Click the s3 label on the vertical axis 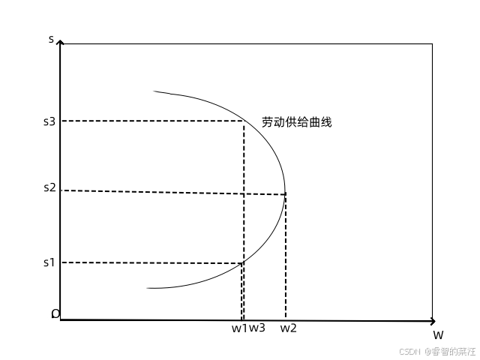coord(49,121)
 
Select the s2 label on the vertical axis coord(49,187)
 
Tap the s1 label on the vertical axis coord(49,262)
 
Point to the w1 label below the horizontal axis coord(238,328)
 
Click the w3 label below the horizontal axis coord(257,328)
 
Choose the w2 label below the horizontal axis coord(289,328)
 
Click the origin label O coord(55,313)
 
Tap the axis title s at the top coord(51,38)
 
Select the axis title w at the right coord(438,334)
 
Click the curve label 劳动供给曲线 coord(296,121)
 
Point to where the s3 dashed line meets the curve coord(244,121)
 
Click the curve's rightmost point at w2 coord(285,194)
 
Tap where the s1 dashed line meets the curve coord(242,262)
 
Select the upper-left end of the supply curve coord(155,91)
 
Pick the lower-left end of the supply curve coord(148,288)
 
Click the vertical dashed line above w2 coord(286,255)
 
